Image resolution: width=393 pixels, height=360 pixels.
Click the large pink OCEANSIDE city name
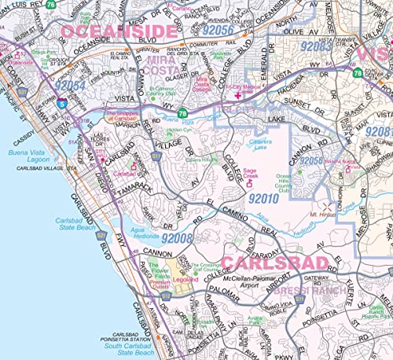coord(118,31)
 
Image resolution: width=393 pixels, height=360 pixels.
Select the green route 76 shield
coord(182,112)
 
